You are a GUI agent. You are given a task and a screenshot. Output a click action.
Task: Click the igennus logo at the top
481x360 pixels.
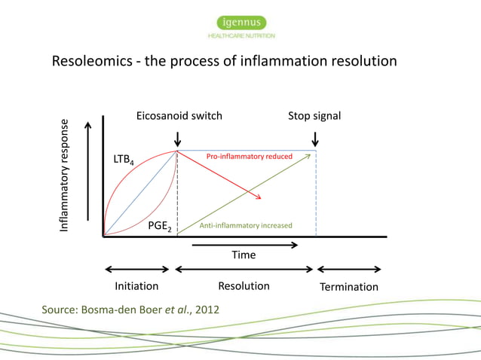point(241,23)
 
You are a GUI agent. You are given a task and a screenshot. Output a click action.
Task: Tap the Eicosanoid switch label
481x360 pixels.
point(179,116)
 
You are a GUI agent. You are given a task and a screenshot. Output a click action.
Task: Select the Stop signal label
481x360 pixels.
point(314,116)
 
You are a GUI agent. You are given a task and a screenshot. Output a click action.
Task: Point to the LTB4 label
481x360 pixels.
point(124,161)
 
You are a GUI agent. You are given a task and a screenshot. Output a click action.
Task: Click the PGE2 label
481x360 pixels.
point(160,226)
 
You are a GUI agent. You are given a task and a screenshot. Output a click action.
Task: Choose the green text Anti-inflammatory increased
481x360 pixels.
point(245,226)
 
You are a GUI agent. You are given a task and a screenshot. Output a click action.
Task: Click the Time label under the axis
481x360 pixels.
point(244,255)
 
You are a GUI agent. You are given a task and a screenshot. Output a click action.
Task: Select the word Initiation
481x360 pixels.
point(136,286)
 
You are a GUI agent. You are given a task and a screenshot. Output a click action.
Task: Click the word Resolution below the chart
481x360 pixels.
point(244,286)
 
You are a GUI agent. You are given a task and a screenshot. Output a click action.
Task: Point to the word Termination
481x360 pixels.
point(349,287)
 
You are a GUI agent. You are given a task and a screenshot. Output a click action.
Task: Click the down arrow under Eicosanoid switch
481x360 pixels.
point(177,139)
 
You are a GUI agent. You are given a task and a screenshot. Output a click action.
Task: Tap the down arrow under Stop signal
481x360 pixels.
point(315,139)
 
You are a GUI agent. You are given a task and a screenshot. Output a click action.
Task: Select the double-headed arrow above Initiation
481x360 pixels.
point(137,270)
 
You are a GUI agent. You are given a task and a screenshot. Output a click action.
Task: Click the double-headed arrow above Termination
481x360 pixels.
point(349,270)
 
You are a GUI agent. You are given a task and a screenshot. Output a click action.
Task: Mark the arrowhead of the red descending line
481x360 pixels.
point(259,197)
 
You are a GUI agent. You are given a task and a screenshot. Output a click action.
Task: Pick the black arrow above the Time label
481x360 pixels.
point(244,245)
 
